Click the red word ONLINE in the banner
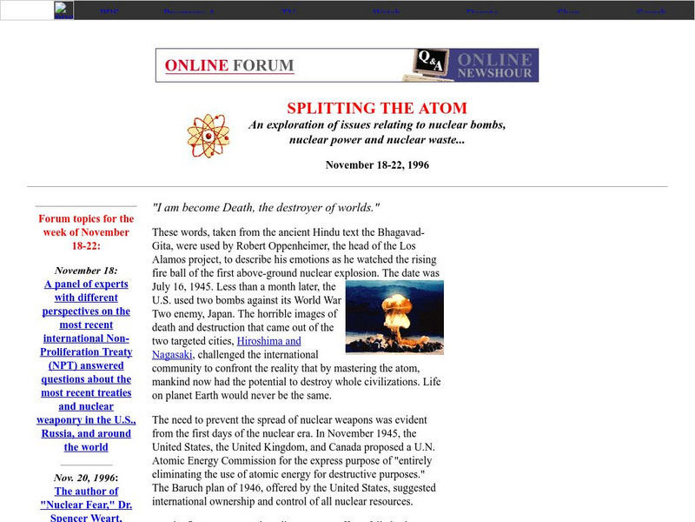[x=196, y=65]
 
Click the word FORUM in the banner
[x=263, y=65]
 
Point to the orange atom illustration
[x=208, y=135]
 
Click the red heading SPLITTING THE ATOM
[x=377, y=109]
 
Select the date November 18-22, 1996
[x=377, y=164]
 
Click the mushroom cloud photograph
[x=394, y=317]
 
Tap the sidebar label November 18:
[x=86, y=270]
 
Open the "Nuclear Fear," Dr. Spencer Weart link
[x=86, y=504]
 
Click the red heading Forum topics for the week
[x=86, y=232]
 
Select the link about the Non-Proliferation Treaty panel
[x=86, y=365]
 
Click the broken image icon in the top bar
[x=63, y=10]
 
